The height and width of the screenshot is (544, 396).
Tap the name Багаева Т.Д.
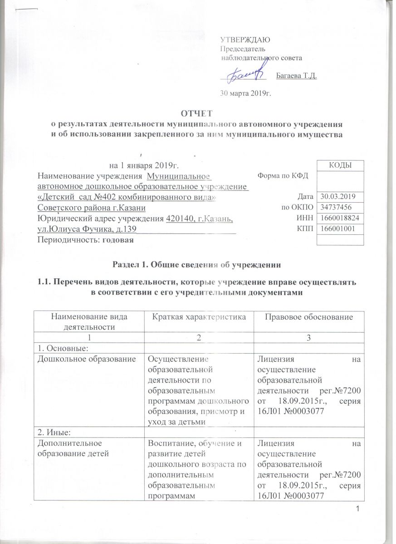pyautogui.click(x=296, y=76)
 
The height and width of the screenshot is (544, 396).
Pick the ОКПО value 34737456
pyautogui.click(x=334, y=208)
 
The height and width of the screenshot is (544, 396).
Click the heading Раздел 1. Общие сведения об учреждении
pyautogui.click(x=197, y=264)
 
